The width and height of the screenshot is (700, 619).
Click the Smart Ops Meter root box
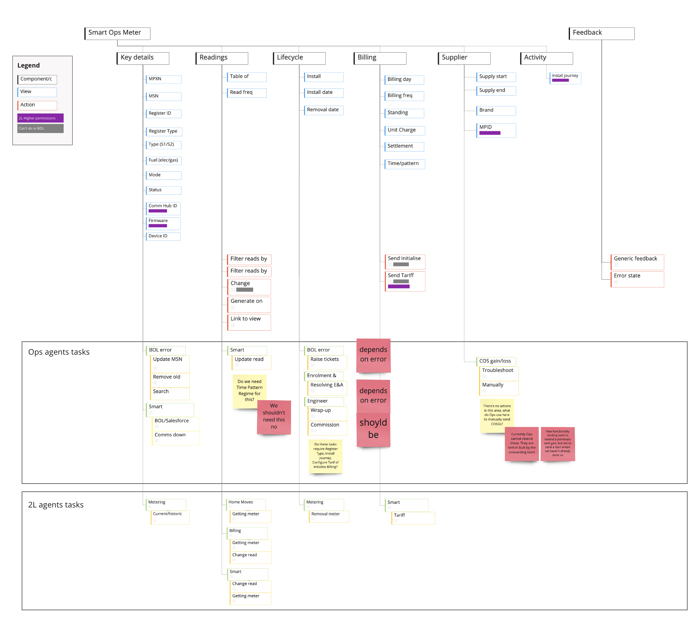117,33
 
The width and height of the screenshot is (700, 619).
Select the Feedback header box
601,33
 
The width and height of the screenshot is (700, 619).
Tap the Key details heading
143,58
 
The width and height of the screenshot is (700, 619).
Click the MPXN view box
163,79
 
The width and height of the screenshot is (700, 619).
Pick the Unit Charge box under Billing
404,130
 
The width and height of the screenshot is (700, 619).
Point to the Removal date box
323,110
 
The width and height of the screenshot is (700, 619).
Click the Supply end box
496,91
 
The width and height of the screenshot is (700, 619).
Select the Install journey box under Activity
565,77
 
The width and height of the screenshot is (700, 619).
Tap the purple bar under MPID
489,133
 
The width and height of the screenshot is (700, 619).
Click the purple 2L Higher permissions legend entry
40,118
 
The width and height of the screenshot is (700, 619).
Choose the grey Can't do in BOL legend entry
40,128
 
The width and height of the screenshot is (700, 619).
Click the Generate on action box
249,304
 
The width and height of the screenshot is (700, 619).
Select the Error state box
637,279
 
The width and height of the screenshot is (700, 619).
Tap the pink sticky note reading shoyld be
373,429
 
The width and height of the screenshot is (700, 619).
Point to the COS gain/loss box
496,361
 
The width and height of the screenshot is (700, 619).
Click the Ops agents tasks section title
59,352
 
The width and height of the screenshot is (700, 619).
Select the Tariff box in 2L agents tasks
413,518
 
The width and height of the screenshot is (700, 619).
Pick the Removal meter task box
328,516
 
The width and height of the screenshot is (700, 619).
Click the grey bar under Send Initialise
401,264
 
